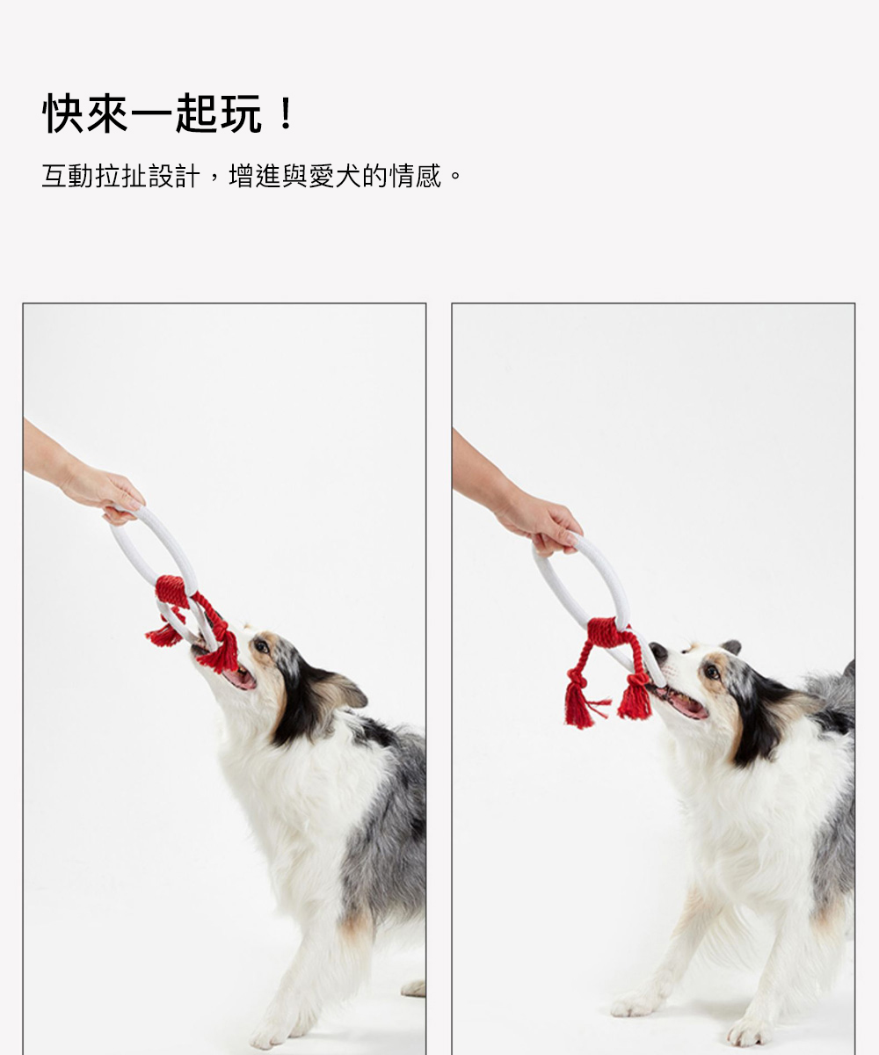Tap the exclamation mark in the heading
pos(286,113)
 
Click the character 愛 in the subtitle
pos(322,177)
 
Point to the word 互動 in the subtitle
pos(68,177)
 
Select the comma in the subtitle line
pos(214,181)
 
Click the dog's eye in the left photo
pos(260,646)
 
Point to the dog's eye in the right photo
pos(712,672)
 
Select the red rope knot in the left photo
pos(173,592)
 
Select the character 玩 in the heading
pos(241,113)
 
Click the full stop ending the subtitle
pos(455,177)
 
